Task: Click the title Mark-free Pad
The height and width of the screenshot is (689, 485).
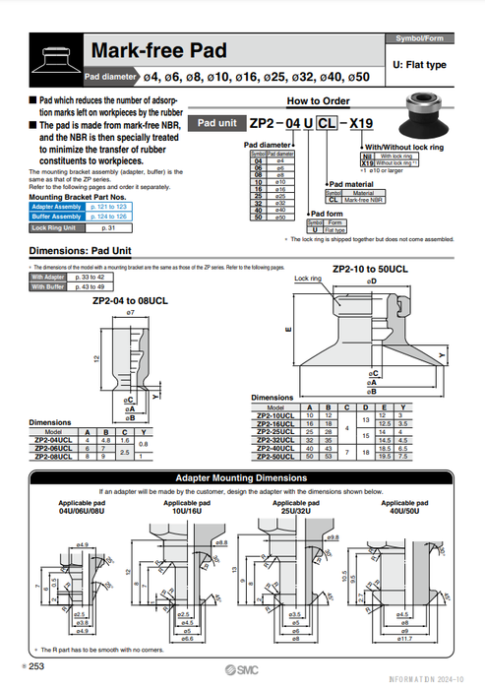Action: (x=158, y=50)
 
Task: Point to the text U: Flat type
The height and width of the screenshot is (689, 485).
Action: (x=419, y=64)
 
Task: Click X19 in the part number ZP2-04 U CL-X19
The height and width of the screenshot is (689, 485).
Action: (x=363, y=123)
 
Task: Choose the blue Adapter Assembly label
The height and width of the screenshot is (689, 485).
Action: (x=55, y=208)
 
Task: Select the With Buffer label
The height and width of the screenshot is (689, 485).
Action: (x=46, y=286)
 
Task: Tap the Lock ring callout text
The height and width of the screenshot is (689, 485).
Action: (x=308, y=279)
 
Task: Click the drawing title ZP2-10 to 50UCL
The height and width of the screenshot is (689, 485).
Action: (x=369, y=268)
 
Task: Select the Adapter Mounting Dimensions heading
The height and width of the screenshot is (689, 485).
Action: (x=241, y=477)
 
